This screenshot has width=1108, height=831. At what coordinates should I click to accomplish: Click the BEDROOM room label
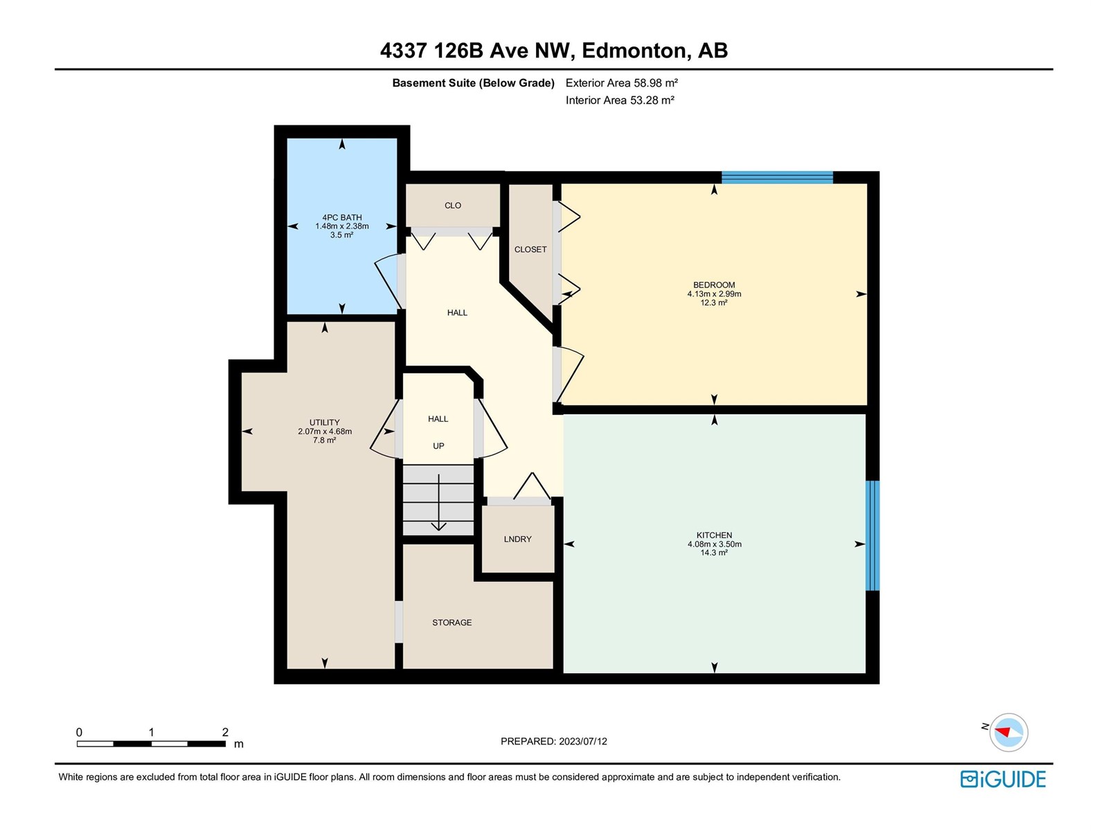coord(714,285)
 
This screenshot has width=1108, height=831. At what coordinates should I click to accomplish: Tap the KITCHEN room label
coord(714,535)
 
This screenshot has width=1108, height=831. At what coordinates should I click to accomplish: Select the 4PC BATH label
coord(341,217)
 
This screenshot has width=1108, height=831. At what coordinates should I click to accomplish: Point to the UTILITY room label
coord(325,422)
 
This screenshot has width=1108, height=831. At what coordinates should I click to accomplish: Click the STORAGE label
coord(452,623)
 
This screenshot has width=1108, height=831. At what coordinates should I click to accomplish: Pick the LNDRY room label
coord(517,539)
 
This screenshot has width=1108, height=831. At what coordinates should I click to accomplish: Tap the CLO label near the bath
coord(453,206)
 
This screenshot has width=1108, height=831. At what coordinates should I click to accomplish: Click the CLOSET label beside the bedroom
coord(530,249)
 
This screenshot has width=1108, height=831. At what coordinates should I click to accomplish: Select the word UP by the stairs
coord(438,446)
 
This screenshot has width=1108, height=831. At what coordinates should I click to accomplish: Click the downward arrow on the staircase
coord(438,503)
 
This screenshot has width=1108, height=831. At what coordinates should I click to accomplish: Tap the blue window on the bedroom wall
coord(777,177)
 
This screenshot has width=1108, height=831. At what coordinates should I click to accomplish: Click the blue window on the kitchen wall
coord(873,535)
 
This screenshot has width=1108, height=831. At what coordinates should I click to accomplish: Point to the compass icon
coord(1008,732)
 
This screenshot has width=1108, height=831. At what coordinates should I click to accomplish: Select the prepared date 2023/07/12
coord(582,741)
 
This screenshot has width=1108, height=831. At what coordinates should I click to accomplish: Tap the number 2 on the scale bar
coord(225,731)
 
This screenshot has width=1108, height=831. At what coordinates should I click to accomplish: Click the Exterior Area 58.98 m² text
coord(621,82)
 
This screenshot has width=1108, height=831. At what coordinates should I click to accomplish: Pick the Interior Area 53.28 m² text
coord(620,100)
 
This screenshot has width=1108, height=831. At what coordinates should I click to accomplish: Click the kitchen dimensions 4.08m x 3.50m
coord(714,544)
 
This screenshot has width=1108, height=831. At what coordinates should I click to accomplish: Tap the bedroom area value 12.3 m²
coord(714,303)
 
